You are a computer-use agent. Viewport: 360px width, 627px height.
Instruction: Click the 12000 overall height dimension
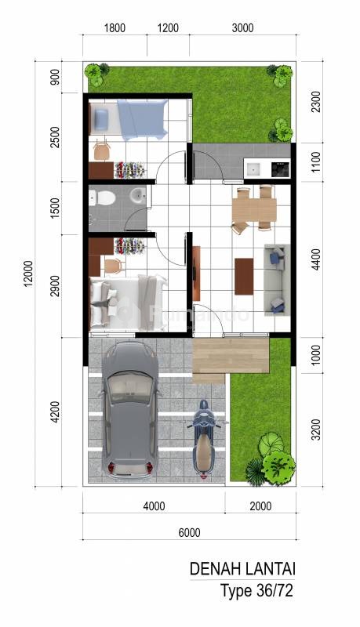tap(28, 274)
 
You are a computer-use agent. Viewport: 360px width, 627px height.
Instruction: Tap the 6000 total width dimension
tap(189, 533)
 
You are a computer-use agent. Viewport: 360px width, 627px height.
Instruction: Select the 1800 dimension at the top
tap(115, 28)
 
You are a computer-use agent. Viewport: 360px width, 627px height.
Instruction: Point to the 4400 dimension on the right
tap(316, 259)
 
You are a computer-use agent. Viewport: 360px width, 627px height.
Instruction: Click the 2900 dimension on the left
tap(55, 286)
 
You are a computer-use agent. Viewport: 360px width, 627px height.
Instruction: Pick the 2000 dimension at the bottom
tap(260, 506)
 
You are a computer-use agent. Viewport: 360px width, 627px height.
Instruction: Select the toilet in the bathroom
tap(104, 198)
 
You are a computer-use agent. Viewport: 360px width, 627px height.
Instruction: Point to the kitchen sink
tap(254, 169)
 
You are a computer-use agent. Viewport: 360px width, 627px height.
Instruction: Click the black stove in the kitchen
tap(281, 169)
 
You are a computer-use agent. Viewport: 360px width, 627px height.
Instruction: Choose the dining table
tap(254, 210)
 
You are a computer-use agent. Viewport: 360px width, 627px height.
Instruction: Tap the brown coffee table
tap(244, 277)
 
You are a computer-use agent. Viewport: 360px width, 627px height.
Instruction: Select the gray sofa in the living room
tap(277, 280)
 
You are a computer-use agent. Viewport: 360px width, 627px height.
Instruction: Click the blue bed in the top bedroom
tap(142, 119)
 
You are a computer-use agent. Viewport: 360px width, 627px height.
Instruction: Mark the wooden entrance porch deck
tap(230, 360)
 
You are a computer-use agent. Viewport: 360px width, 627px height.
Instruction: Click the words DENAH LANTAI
tap(242, 569)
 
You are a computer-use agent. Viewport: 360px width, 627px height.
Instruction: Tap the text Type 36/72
tap(256, 591)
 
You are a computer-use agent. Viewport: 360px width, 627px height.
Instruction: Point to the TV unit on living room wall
tap(196, 273)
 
